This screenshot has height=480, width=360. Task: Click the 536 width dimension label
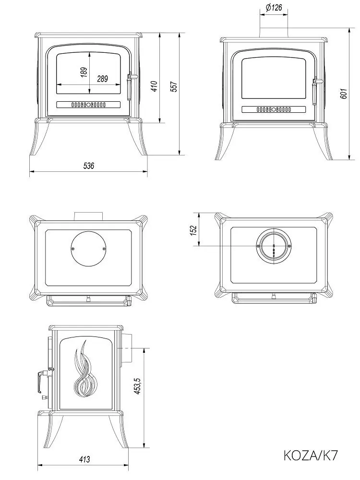(88, 166)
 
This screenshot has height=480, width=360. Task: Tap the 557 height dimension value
(174, 86)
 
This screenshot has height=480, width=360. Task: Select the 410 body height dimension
(154, 86)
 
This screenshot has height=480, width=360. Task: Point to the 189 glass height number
(84, 72)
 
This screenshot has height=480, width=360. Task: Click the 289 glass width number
(103, 79)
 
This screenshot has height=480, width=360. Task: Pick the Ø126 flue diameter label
(273, 7)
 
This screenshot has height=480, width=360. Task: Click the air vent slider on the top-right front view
(274, 109)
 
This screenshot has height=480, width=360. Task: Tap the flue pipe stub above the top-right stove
(274, 32)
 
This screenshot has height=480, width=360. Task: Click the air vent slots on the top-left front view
(88, 105)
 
